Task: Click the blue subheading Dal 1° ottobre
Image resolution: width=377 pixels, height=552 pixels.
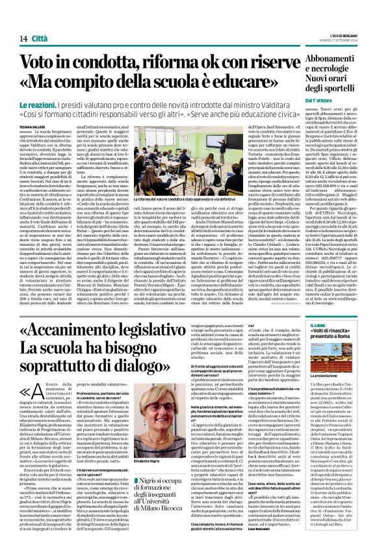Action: pyautogui.click(x=318, y=100)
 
